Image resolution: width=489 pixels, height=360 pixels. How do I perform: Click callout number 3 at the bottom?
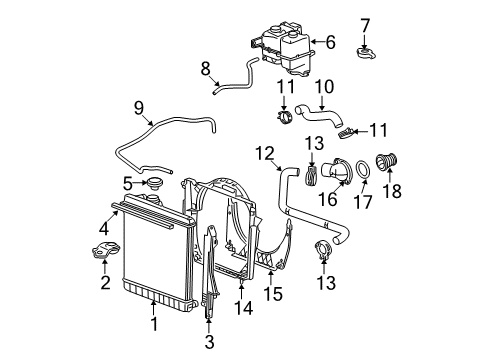[209, 341]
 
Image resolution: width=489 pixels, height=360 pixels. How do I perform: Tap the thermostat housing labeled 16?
[343, 171]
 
